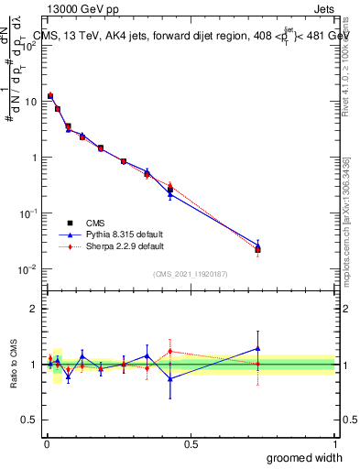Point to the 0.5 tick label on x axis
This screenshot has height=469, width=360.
(x=191, y=444)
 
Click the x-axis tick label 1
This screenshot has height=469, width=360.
(x=334, y=444)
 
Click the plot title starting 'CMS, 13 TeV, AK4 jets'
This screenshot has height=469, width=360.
(x=183, y=37)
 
